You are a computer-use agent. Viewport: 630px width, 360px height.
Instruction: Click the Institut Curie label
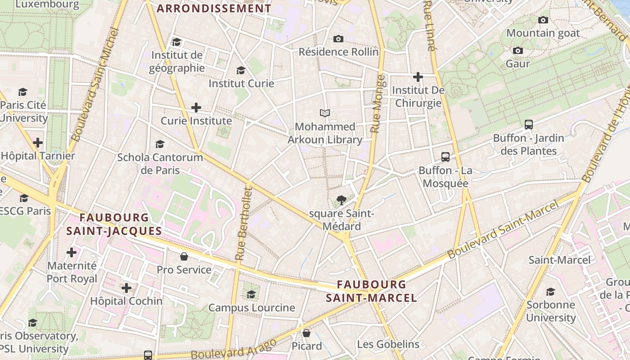pyautogui.click(x=241, y=83)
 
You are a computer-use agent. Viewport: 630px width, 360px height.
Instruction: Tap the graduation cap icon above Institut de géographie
pyautogui.click(x=176, y=42)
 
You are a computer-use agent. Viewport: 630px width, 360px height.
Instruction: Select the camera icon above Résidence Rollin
pyautogui.click(x=338, y=39)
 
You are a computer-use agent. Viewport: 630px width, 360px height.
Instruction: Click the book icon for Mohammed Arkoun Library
pyautogui.click(x=325, y=113)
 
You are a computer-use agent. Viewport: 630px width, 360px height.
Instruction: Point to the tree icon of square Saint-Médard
pyautogui.click(x=342, y=200)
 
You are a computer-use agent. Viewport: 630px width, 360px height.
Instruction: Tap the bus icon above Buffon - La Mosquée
pyautogui.click(x=445, y=157)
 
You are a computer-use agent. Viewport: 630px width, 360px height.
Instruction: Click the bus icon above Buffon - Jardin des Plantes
pyautogui.click(x=529, y=125)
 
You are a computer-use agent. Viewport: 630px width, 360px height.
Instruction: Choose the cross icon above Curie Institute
pyautogui.click(x=196, y=108)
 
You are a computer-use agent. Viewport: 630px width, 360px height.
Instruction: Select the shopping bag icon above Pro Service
pyautogui.click(x=184, y=256)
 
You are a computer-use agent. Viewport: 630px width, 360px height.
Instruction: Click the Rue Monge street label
pyautogui.click(x=378, y=104)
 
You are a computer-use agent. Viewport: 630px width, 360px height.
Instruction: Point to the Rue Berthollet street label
pyautogui.click(x=243, y=224)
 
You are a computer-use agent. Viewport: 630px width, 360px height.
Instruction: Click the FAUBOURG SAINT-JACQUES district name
pyautogui.click(x=114, y=224)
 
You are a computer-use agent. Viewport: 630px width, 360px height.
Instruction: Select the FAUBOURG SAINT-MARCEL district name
pyautogui.click(x=371, y=291)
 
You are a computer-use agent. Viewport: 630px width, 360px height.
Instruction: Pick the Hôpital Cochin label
pyautogui.click(x=126, y=301)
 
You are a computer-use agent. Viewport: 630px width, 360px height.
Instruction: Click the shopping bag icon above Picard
pyautogui.click(x=306, y=333)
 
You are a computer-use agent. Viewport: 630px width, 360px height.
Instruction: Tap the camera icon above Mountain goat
pyautogui.click(x=543, y=20)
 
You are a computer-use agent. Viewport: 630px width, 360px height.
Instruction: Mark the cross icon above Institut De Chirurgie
pyautogui.click(x=418, y=77)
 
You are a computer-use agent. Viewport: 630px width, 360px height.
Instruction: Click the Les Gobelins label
pyautogui.click(x=388, y=345)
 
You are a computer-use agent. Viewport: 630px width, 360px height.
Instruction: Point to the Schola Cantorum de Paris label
pyautogui.click(x=160, y=164)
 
